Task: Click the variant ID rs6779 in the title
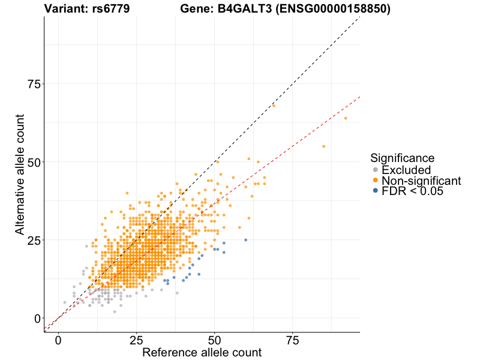point(112,9)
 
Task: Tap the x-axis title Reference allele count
point(202,352)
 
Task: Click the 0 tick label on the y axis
point(37,318)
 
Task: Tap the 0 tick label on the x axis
point(58,340)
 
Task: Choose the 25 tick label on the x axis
point(136,340)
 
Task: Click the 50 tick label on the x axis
point(214,340)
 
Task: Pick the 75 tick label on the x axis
point(293,340)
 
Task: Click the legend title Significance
point(402,158)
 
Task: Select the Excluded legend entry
point(406,170)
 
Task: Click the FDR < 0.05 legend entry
point(412,191)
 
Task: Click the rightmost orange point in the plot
point(346,118)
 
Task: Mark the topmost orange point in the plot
point(274,106)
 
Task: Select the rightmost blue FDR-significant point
point(245,240)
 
